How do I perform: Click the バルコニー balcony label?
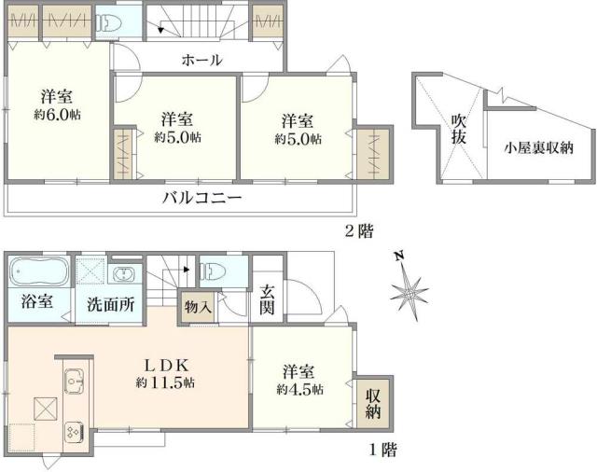(x=201, y=198)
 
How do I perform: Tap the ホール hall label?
(x=201, y=61)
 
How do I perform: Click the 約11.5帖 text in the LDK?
(x=165, y=383)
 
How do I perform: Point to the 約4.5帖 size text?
(x=299, y=389)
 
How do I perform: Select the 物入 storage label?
(x=198, y=305)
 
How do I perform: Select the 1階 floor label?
(x=382, y=451)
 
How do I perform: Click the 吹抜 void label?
(x=458, y=129)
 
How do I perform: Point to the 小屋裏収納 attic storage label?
(x=538, y=146)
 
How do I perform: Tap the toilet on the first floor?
(x=214, y=271)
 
